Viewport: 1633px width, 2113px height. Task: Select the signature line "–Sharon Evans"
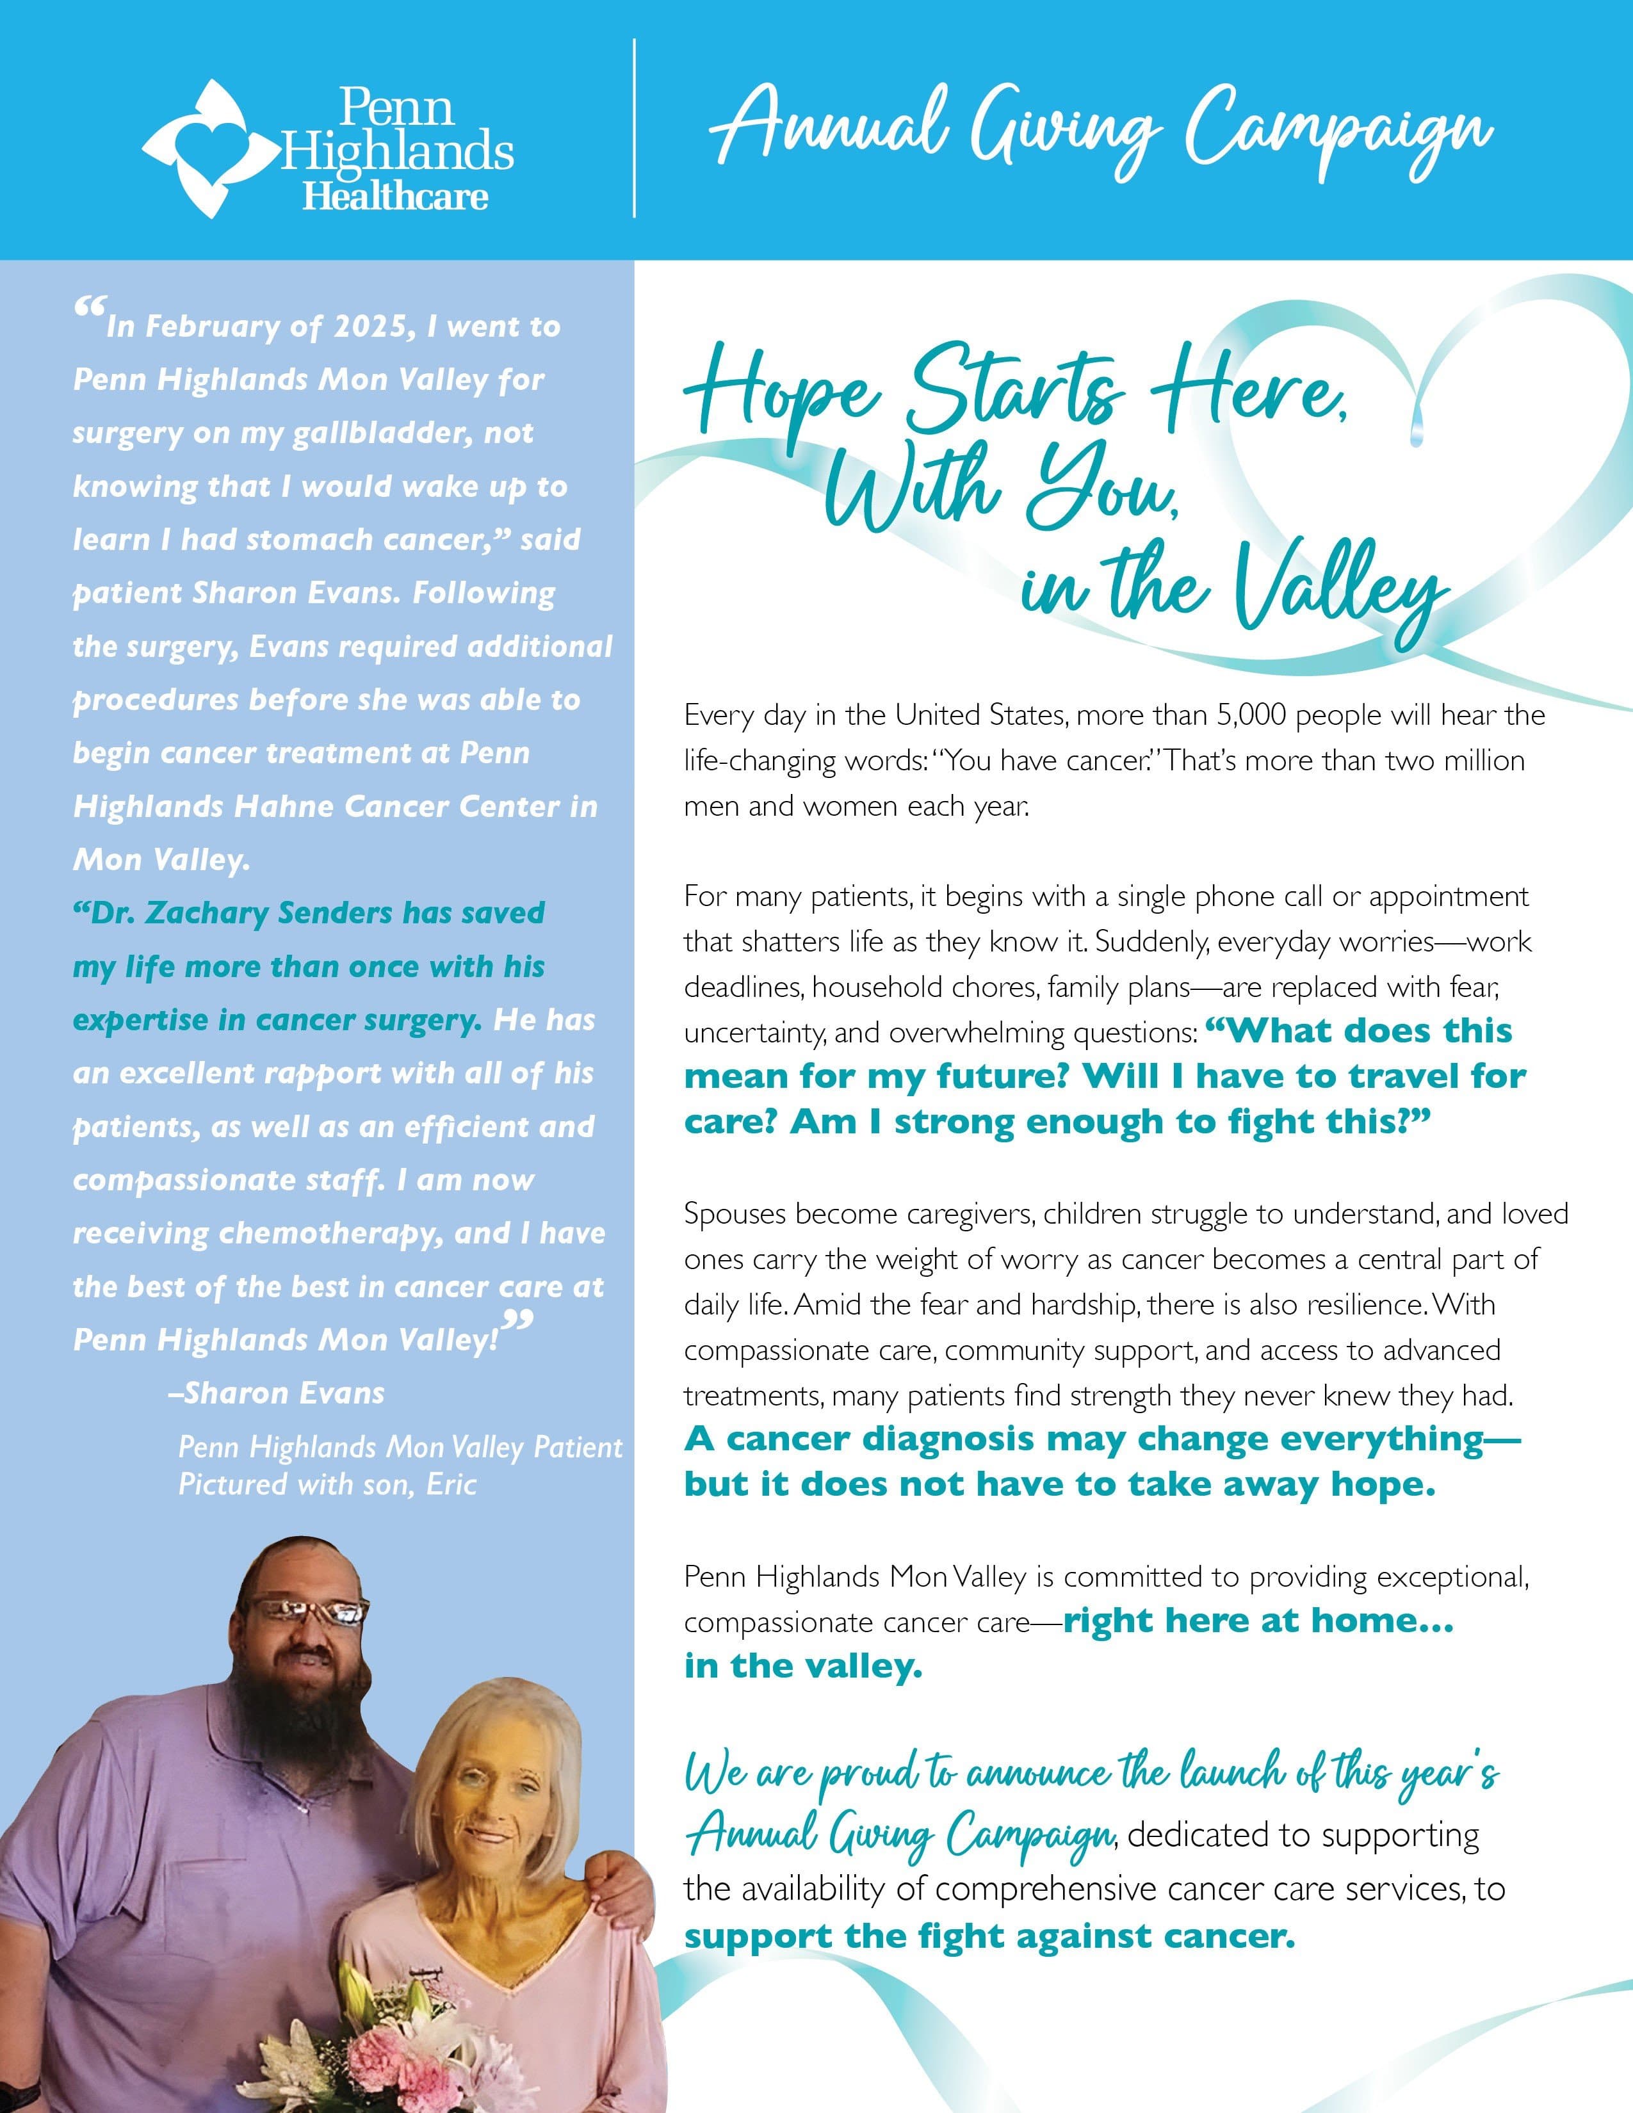276,1393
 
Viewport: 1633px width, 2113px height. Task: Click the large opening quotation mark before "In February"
89,312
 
